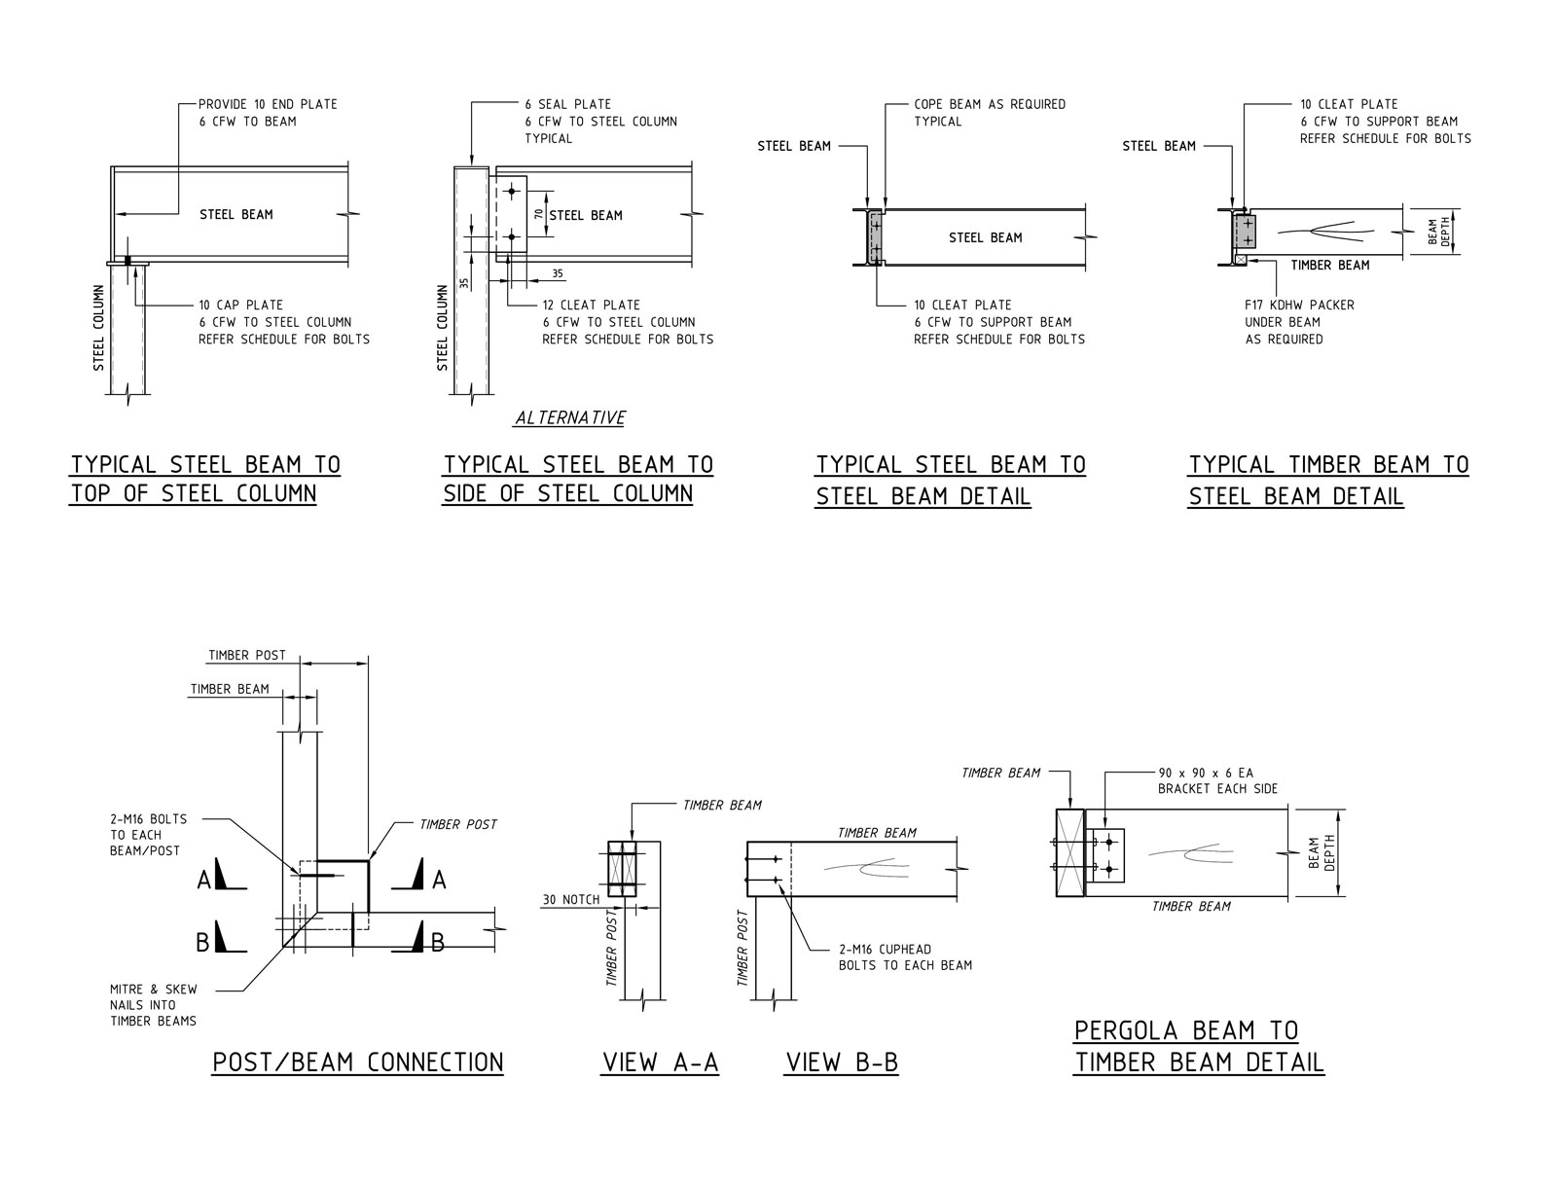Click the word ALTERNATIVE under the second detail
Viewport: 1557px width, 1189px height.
point(570,417)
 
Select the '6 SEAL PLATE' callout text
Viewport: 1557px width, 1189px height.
point(567,104)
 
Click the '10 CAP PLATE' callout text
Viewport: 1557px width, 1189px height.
point(240,305)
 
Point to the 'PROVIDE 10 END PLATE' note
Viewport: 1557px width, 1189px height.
point(268,104)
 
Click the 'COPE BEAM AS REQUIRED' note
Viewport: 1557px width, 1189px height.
point(989,104)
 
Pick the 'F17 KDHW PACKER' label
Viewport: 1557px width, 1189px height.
point(1299,305)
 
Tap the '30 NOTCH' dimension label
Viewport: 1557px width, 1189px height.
point(570,899)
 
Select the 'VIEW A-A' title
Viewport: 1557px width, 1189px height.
point(660,1063)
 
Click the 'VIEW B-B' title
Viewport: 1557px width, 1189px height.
point(841,1063)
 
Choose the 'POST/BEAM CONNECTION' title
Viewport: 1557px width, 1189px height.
point(357,1063)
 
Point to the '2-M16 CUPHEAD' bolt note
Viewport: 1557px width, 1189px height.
point(885,949)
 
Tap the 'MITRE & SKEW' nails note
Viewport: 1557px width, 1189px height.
point(153,989)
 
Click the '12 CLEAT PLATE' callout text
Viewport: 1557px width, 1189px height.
point(591,305)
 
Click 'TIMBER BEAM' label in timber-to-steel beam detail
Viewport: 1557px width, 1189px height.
point(1329,265)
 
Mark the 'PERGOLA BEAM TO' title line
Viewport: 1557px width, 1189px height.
point(1185,1030)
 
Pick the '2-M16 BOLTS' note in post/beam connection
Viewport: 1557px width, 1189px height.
point(148,819)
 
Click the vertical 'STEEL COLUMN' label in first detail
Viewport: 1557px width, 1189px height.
point(98,328)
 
